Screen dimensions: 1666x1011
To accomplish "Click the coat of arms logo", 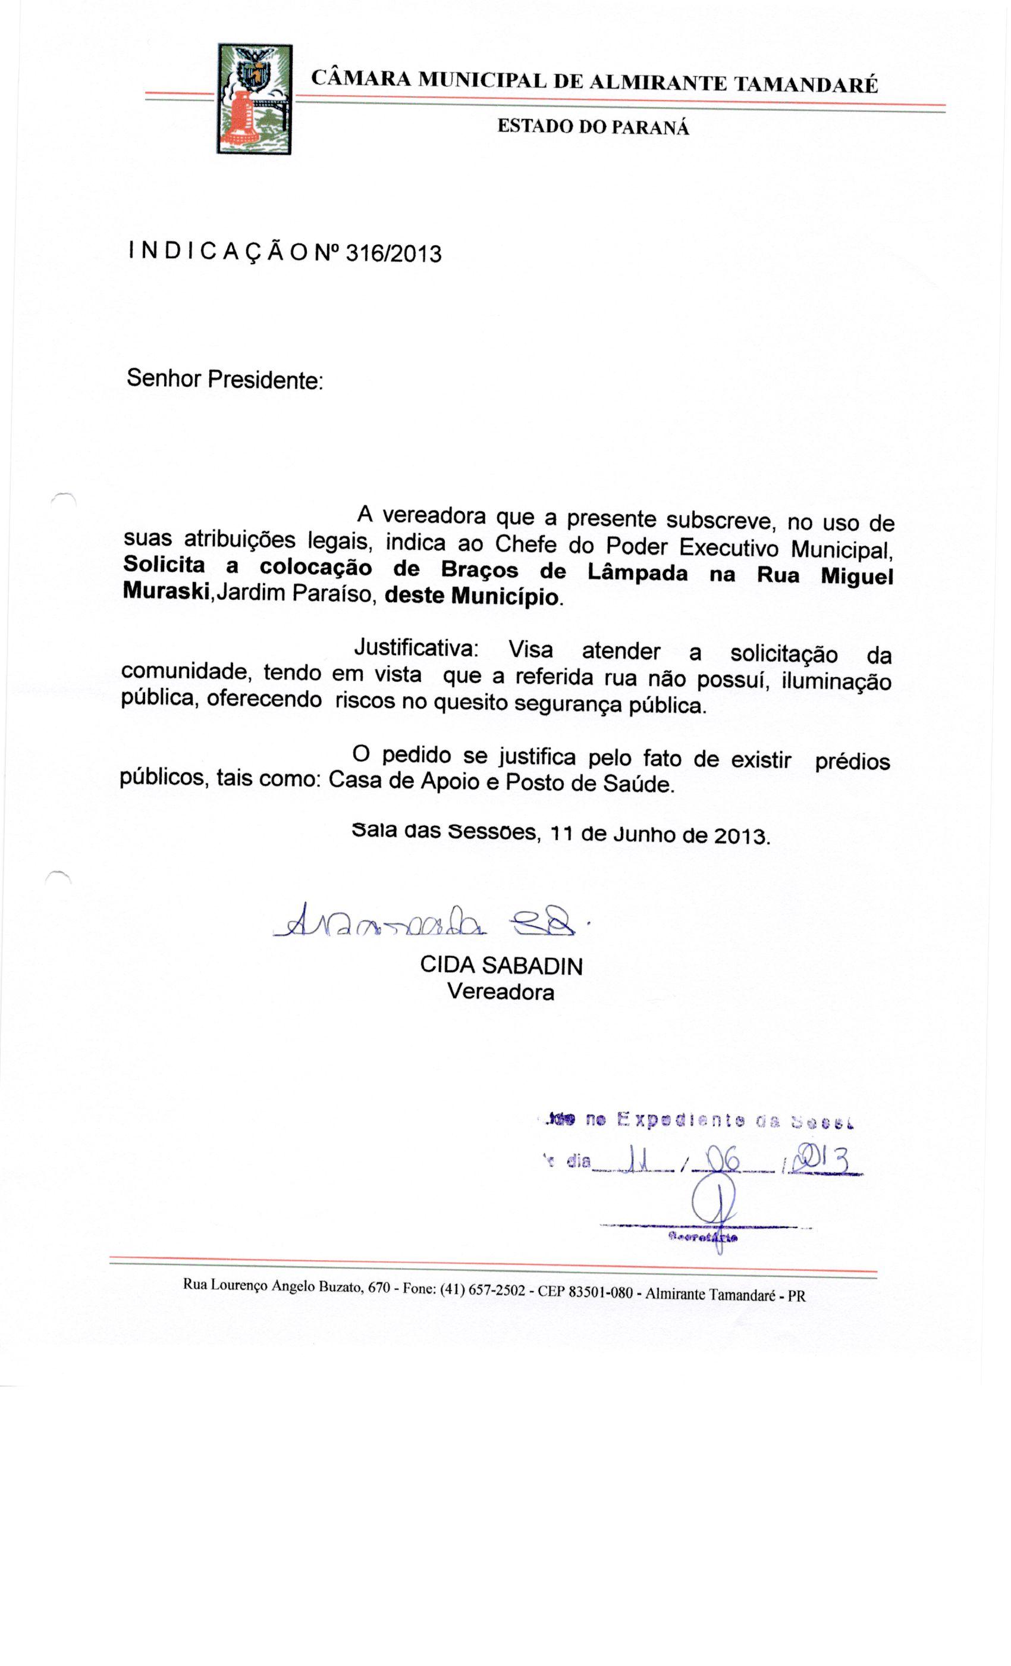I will [x=254, y=99].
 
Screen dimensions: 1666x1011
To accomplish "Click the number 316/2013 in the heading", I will [x=393, y=253].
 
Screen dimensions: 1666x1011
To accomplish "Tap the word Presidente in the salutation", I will [x=265, y=380].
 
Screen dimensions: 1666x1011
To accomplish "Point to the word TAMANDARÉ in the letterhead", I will [x=806, y=84].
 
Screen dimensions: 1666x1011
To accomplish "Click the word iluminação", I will [x=836, y=681].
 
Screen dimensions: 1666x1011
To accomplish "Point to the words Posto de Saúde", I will [x=589, y=783].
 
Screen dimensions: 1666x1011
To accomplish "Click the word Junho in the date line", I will [x=644, y=834].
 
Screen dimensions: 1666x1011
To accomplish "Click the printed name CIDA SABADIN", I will [x=501, y=966].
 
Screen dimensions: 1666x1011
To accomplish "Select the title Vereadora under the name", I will [x=500, y=992].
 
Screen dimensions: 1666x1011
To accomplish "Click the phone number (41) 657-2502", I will [x=482, y=1289].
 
